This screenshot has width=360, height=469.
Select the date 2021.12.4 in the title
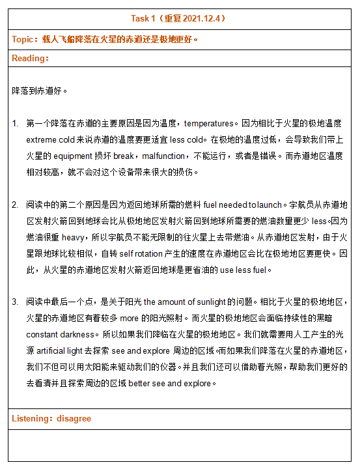pyautogui.click(x=201, y=18)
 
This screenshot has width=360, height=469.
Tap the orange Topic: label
pyautogui.click(x=25, y=39)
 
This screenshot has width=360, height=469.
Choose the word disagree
pyautogui.click(x=74, y=418)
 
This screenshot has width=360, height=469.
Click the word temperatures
pyautogui.click(x=208, y=123)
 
